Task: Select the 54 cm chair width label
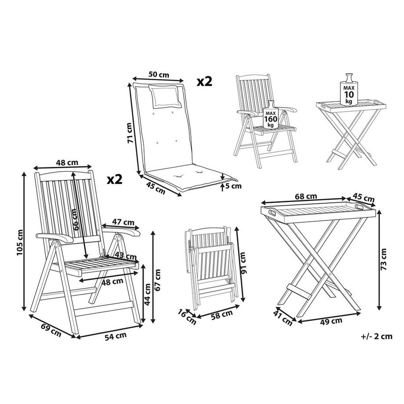pyautogui.click(x=115, y=336)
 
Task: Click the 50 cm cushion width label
pyautogui.click(x=159, y=75)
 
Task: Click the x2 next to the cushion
pyautogui.click(x=204, y=81)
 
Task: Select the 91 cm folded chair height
pyautogui.click(x=244, y=262)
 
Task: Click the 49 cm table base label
pyautogui.click(x=330, y=321)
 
